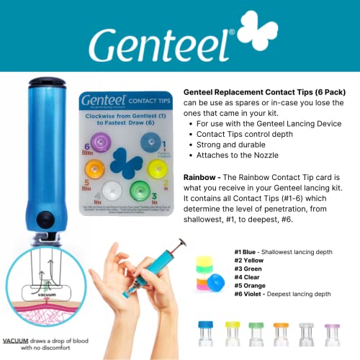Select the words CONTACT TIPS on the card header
tap(145, 101)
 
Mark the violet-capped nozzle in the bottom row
tap(332, 336)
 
